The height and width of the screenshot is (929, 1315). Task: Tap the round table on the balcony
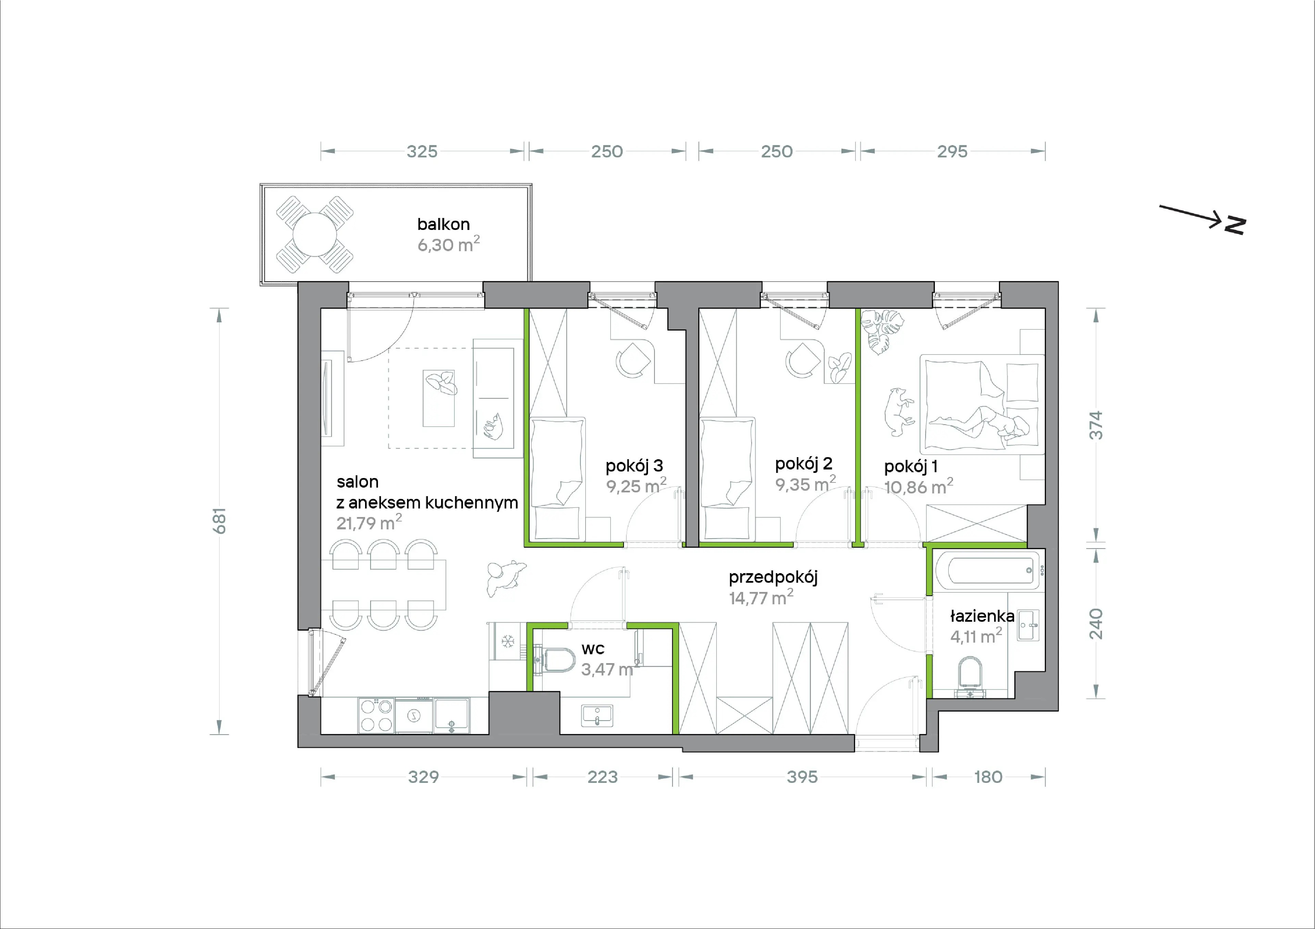pos(314,235)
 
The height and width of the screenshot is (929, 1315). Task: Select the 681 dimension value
pos(220,521)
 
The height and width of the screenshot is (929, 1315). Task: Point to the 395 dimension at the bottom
pos(802,777)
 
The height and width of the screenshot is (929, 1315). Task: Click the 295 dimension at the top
pos(952,151)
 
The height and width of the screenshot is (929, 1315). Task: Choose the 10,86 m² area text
pos(918,487)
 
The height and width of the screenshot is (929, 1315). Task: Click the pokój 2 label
pos(803,464)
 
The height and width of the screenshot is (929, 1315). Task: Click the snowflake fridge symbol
pos(508,641)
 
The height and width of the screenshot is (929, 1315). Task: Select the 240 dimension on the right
pos(1095,624)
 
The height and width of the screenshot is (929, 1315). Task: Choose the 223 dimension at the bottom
pos(602,777)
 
